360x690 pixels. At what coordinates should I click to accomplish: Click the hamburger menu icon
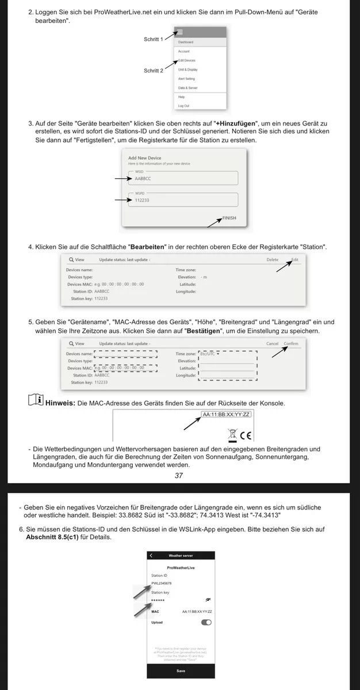point(180,33)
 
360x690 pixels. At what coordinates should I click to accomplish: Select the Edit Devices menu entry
point(186,60)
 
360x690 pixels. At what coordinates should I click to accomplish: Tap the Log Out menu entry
point(183,106)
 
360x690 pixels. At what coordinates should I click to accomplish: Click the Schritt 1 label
point(154,40)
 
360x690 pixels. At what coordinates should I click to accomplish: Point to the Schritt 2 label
point(154,71)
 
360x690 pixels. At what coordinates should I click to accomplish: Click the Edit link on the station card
point(294,259)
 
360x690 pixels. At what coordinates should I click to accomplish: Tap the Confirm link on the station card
point(291,343)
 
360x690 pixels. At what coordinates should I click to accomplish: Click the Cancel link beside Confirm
point(272,343)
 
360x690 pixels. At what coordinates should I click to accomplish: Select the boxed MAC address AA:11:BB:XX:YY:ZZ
point(226,414)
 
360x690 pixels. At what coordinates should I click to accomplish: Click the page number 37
point(179,476)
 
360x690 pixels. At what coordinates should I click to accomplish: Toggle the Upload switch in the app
point(206,622)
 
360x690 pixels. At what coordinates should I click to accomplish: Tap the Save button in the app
point(181,670)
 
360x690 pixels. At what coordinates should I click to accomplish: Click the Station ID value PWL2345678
point(162,583)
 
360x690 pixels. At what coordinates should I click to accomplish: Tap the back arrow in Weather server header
point(151,555)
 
